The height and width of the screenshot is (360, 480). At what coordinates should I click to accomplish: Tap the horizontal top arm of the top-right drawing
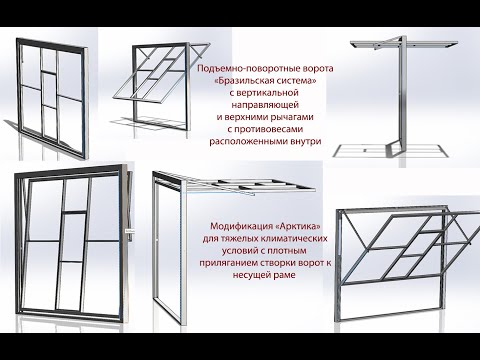(390, 44)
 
